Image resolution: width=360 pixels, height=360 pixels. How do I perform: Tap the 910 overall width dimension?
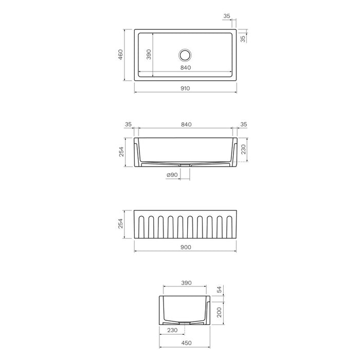click(x=185, y=88)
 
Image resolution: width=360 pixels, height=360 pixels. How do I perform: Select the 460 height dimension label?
click(x=120, y=55)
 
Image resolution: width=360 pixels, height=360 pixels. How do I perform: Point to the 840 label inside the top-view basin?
click(x=186, y=67)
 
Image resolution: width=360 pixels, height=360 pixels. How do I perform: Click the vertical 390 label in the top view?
click(x=149, y=55)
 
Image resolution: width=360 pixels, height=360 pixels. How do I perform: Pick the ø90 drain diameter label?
click(x=172, y=175)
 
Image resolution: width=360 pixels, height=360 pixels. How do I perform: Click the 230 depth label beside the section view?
click(x=243, y=149)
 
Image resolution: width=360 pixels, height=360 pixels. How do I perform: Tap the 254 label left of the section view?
click(x=121, y=152)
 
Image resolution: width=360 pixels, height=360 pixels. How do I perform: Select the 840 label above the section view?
click(x=186, y=124)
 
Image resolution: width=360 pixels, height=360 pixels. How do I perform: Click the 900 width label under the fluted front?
click(x=186, y=247)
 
